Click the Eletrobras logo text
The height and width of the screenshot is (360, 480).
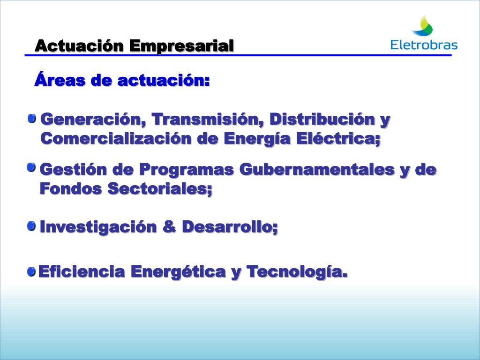tap(424, 45)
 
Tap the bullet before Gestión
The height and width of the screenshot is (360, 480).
tap(31, 168)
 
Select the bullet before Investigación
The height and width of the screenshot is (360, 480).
tap(31, 226)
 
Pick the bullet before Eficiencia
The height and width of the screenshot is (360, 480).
tap(31, 271)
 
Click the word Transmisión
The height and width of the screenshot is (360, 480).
tap(205, 120)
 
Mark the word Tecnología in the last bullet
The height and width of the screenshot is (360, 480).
tap(297, 271)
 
